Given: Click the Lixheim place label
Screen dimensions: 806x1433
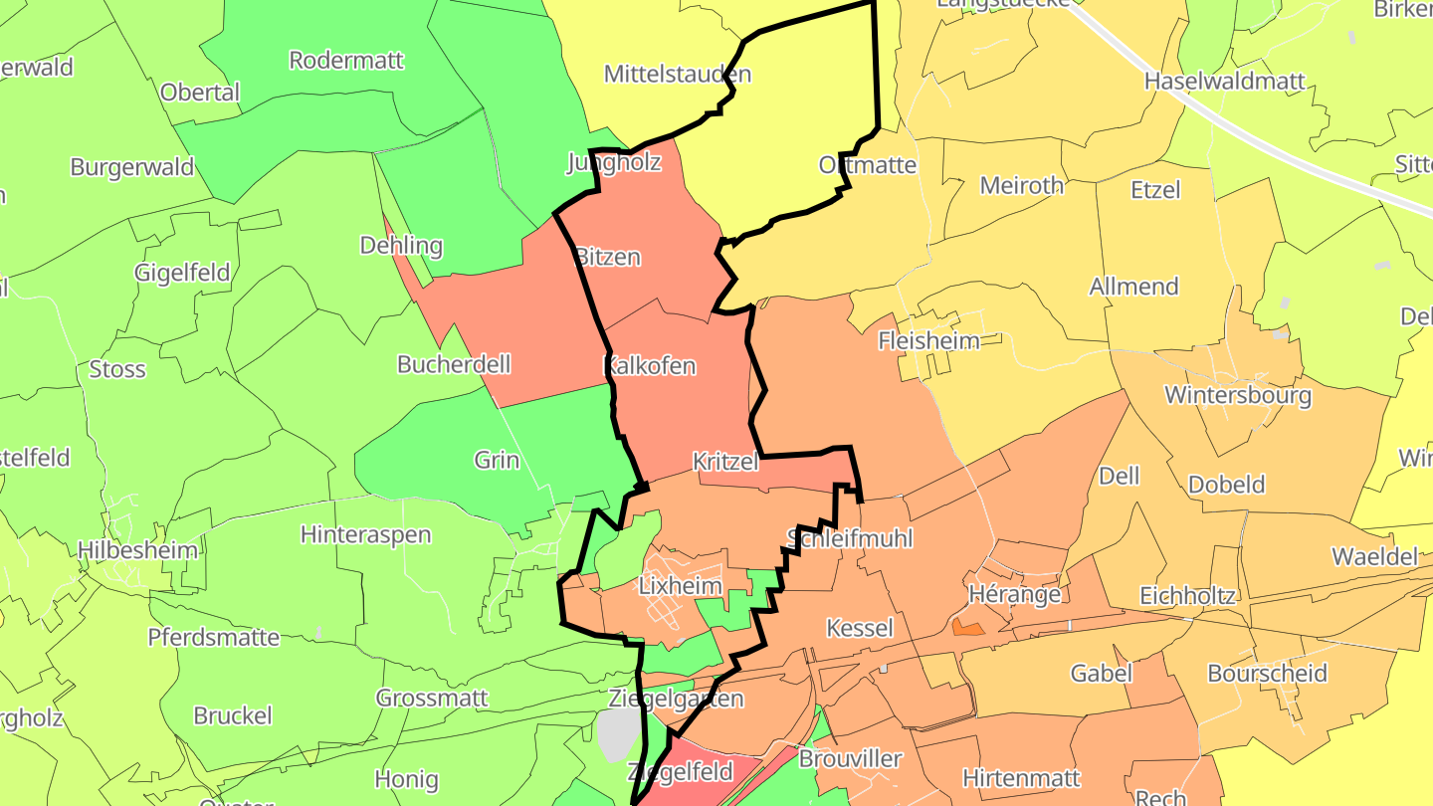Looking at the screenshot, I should pyautogui.click(x=681, y=585).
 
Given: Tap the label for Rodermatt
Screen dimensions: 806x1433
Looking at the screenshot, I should pyautogui.click(x=346, y=60).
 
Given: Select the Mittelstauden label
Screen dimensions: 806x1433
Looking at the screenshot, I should pyautogui.click(x=678, y=74).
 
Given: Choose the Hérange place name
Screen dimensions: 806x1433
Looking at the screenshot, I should pyautogui.click(x=1014, y=594).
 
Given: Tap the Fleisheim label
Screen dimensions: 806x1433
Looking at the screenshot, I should pyautogui.click(x=928, y=340).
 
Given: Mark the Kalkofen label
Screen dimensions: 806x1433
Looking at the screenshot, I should pyautogui.click(x=650, y=366).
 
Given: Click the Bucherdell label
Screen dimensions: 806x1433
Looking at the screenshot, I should pyautogui.click(x=454, y=364).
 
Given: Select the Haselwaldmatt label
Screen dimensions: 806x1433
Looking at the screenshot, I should pyautogui.click(x=1224, y=81).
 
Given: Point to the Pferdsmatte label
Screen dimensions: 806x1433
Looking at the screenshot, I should pyautogui.click(x=214, y=637).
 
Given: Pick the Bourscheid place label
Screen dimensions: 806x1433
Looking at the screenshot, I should pyautogui.click(x=1267, y=674).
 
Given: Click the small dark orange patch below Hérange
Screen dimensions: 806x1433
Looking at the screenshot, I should pyautogui.click(x=967, y=628).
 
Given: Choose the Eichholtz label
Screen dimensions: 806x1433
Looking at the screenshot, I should pyautogui.click(x=1187, y=596).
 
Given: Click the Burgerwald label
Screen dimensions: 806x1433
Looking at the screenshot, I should pyautogui.click(x=132, y=166).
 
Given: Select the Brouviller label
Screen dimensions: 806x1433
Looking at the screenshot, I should pyautogui.click(x=850, y=758).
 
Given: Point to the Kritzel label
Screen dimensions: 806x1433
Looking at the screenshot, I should pyautogui.click(x=725, y=462).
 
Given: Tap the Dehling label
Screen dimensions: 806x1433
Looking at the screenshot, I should pyautogui.click(x=401, y=245).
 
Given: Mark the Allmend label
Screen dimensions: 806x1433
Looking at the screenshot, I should pyautogui.click(x=1133, y=287).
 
